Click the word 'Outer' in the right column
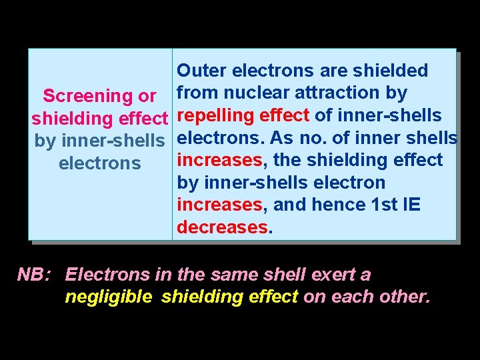coord(201,71)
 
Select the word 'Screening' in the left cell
coord(85,96)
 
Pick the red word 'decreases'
coord(222,227)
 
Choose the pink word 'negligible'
coord(108,297)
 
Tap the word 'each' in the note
coord(350,297)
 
